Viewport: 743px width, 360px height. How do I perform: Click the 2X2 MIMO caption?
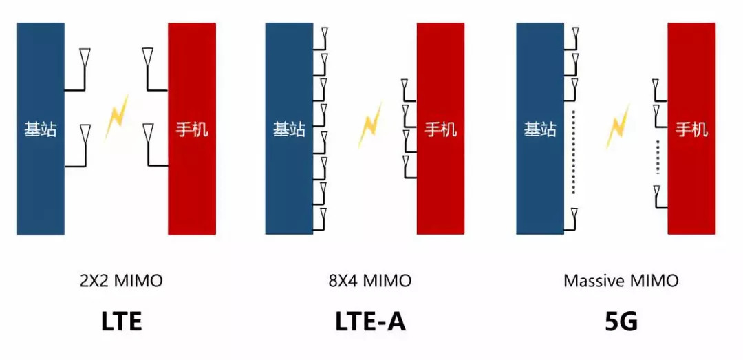pyautogui.click(x=122, y=281)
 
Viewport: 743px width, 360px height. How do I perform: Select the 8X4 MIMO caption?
pyautogui.click(x=369, y=281)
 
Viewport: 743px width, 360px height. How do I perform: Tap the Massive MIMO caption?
pyautogui.click(x=621, y=281)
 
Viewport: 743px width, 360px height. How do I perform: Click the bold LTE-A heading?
pyautogui.click(x=370, y=321)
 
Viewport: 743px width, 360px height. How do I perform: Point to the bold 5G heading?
pyautogui.click(x=621, y=321)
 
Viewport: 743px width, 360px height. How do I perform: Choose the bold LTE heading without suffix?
pyautogui.click(x=122, y=321)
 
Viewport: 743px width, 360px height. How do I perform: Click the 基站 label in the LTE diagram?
pyautogui.click(x=41, y=129)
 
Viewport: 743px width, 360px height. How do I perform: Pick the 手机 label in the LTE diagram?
pyautogui.click(x=192, y=129)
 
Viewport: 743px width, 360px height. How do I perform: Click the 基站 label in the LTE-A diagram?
pyautogui.click(x=289, y=129)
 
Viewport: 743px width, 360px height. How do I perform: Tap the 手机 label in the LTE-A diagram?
pyautogui.click(x=440, y=129)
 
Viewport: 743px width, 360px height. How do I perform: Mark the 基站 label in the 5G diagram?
pyautogui.click(x=540, y=129)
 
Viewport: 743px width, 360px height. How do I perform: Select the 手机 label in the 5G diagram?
pyautogui.click(x=691, y=129)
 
